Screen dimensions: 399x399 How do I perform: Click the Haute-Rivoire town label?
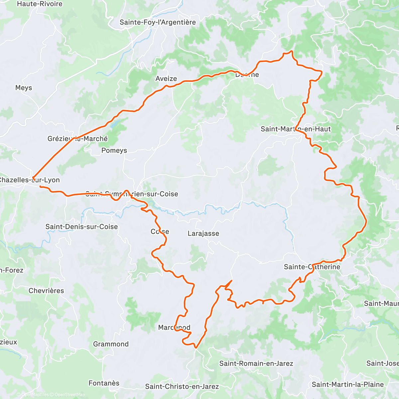pos(40,4)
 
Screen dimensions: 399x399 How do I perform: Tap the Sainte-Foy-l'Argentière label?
pos(158,22)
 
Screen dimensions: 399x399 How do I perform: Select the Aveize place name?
pos(166,78)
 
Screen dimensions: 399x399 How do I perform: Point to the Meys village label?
pos(24,88)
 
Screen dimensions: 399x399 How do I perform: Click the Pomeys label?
pos(114,150)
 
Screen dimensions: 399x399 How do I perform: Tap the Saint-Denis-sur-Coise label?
pos(81,227)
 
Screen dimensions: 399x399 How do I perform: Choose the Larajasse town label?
pos(203,233)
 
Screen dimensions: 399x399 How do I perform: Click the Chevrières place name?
pos(46,291)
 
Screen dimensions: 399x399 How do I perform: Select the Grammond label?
pos(111,344)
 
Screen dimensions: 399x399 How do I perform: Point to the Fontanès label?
pos(104,383)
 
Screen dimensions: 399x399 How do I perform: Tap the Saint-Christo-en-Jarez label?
pos(182,386)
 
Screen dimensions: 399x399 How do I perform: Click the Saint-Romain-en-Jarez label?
pos(256,363)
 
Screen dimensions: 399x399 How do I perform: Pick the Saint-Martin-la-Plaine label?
pos(347,384)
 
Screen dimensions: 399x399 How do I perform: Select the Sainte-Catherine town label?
pos(312,267)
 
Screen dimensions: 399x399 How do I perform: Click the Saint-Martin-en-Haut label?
pos(296,129)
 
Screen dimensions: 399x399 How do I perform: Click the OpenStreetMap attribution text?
pos(69,395)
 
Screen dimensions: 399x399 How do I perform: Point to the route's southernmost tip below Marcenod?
pos(196,348)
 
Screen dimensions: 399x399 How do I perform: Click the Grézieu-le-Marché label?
pos(77,139)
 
